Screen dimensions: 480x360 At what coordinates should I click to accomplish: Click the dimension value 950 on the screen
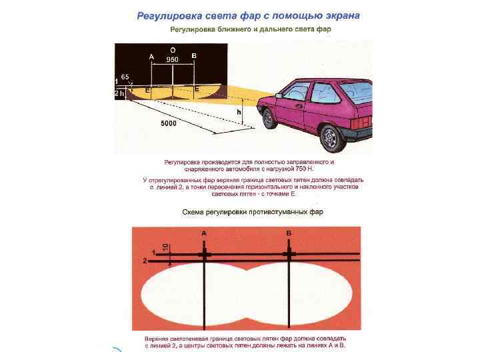tap(173, 59)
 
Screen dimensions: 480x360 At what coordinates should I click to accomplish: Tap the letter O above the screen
tap(173, 50)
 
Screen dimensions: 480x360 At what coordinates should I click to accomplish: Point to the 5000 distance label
tap(169, 124)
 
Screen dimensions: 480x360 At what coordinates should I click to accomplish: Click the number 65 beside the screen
tap(125, 77)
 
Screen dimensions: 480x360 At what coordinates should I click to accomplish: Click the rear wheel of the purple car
tap(331, 137)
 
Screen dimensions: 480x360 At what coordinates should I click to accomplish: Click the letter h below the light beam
tap(239, 113)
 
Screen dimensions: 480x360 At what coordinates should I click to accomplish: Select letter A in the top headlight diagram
tap(151, 57)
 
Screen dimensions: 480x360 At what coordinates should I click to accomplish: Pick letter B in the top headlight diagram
tap(193, 57)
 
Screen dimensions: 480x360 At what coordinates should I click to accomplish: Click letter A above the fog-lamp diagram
tap(203, 233)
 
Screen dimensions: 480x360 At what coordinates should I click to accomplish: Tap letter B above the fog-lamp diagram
tap(289, 233)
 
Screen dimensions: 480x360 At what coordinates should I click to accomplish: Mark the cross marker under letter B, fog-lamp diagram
tap(289, 254)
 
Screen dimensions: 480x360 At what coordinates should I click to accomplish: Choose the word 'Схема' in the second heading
tap(195, 212)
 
